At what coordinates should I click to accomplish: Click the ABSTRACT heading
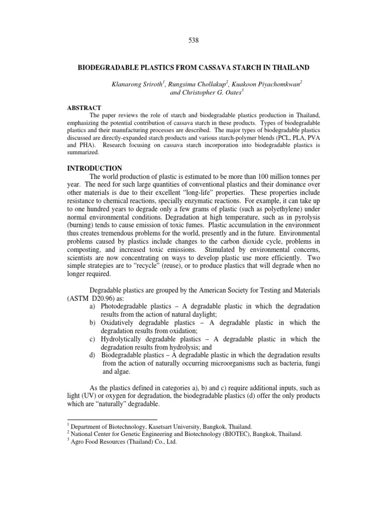pyautogui.click(x=84, y=108)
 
